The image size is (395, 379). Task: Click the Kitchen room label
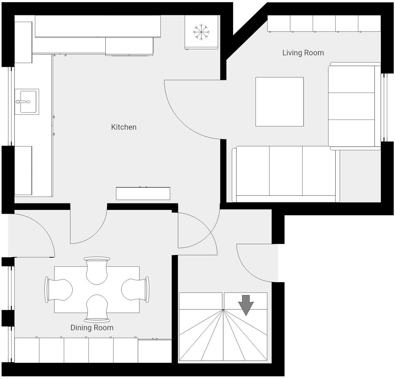124,127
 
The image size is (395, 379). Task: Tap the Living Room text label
303,53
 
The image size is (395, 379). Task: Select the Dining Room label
92,328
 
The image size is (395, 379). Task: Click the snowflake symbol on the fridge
201,32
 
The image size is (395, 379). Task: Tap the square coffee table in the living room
279,102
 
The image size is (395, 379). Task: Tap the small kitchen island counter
143,194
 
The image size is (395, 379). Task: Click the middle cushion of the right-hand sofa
351,106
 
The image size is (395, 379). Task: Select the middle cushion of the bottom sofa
286,171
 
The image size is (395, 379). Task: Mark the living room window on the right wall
383,107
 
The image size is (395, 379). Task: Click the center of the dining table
97,289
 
